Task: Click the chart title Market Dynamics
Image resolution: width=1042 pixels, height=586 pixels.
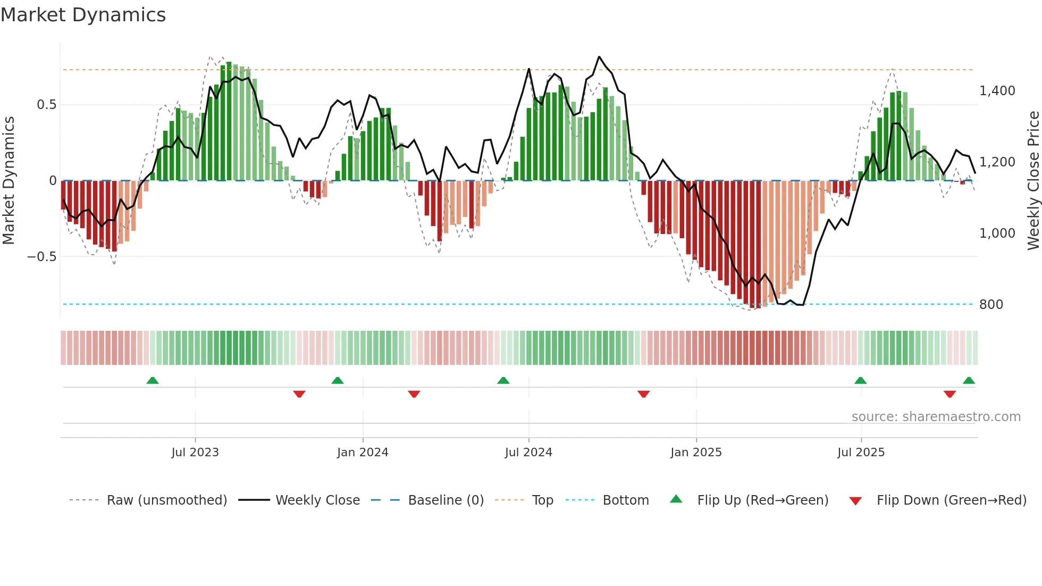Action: click(83, 15)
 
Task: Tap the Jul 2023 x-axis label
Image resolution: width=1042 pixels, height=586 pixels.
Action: click(195, 453)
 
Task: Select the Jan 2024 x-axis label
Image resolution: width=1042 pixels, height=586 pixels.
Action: click(363, 453)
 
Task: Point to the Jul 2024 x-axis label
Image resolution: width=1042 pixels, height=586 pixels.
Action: click(528, 453)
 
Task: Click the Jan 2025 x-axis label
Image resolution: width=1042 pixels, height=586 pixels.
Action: click(696, 453)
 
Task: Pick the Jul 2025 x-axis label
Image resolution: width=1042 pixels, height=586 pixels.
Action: click(861, 453)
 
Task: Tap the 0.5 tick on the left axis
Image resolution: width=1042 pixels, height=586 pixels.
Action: click(46, 105)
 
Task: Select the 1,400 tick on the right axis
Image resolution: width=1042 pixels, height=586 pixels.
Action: click(997, 91)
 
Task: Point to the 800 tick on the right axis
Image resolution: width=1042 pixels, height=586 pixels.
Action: click(991, 305)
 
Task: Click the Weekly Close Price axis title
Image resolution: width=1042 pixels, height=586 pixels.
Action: click(1033, 180)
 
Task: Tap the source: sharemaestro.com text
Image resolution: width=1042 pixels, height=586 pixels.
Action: click(936, 417)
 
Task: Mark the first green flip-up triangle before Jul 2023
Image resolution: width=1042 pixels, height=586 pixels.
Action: click(153, 380)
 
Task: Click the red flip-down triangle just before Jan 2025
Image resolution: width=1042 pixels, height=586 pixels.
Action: click(643, 394)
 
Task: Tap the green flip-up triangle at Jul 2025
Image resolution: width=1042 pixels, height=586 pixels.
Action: click(860, 380)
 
